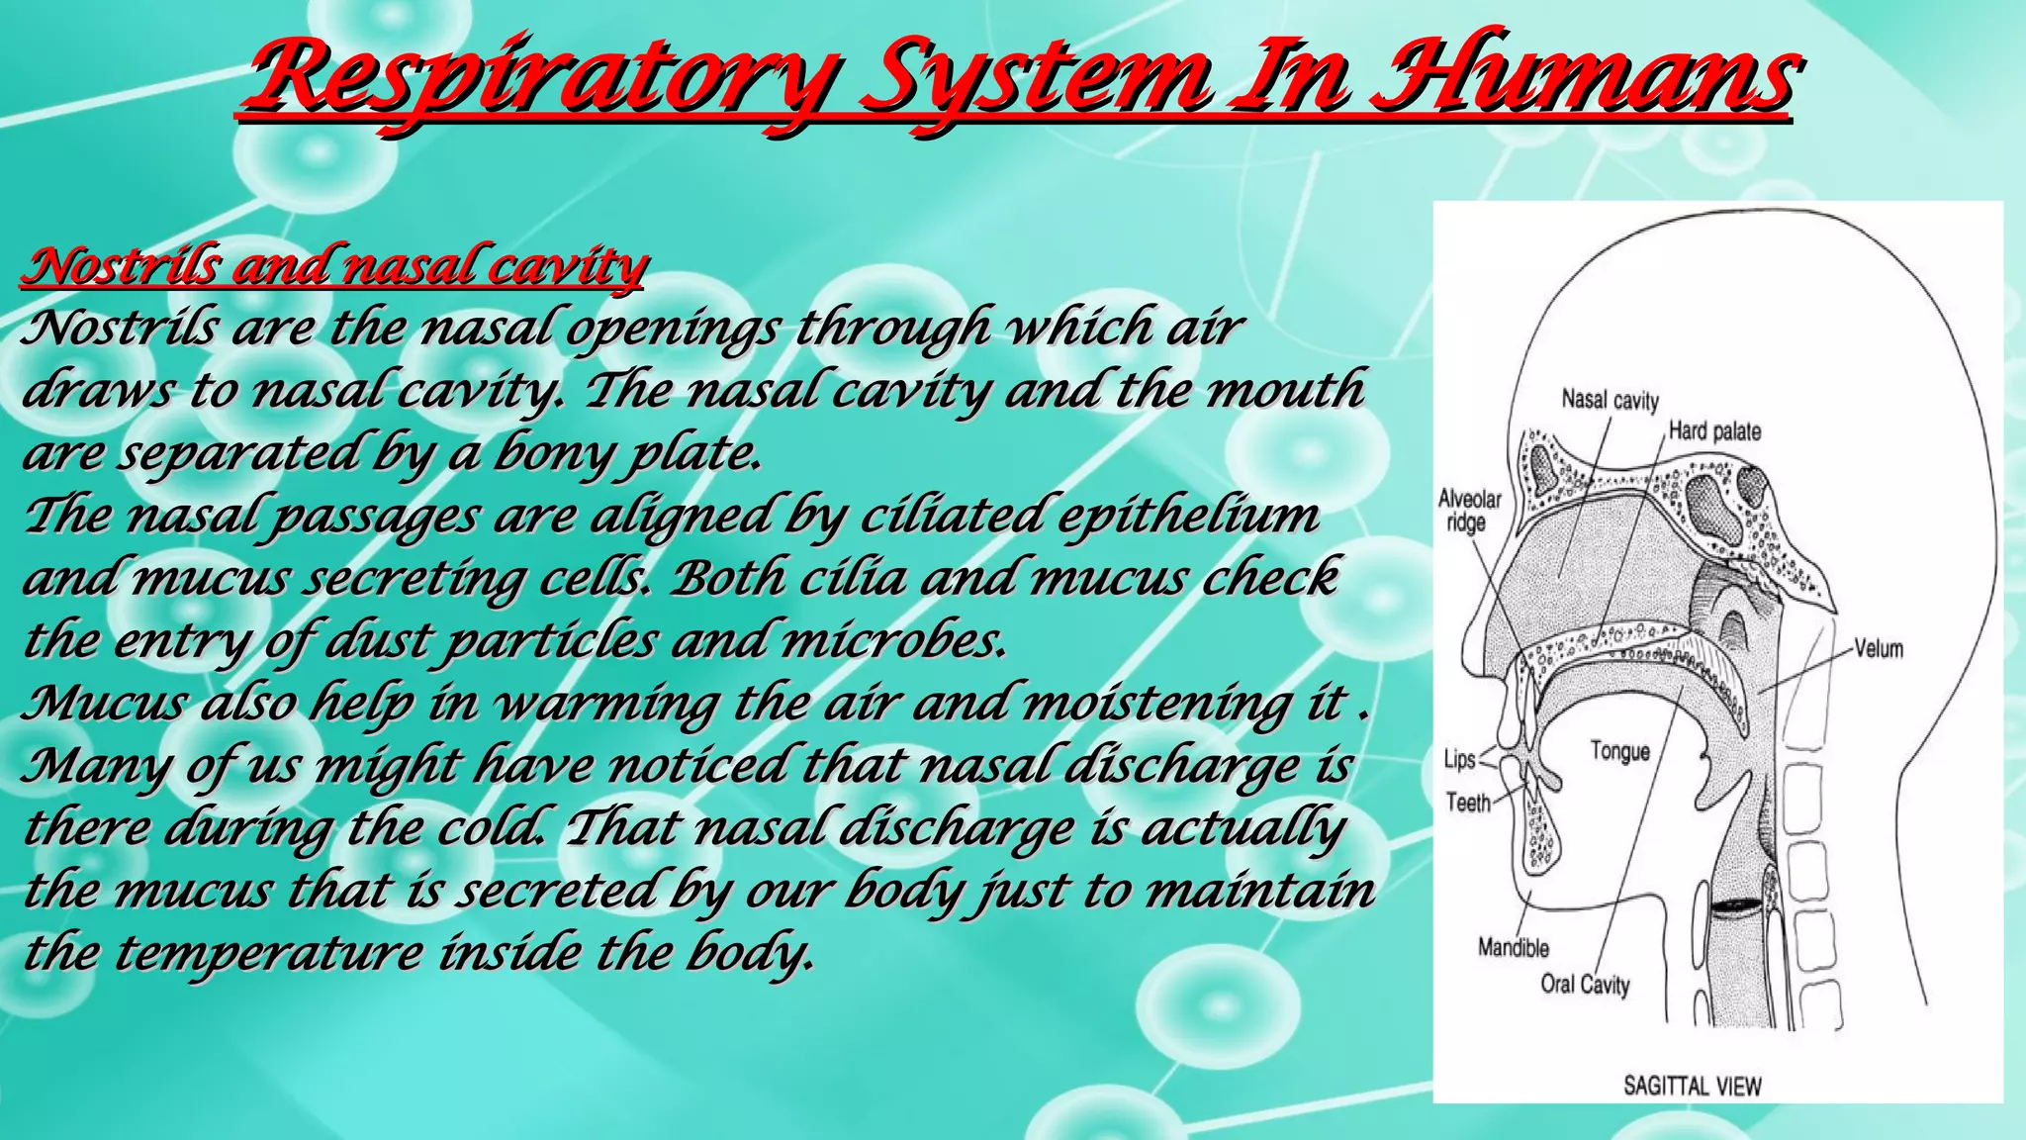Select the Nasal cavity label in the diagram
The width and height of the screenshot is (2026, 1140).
point(1610,400)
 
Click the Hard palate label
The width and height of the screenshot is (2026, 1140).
point(1714,431)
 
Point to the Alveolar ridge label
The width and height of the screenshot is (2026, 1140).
point(1469,511)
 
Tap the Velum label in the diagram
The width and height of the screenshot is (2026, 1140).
point(1878,649)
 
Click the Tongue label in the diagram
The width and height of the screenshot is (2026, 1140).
point(1619,752)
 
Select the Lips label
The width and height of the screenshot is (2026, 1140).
point(1459,759)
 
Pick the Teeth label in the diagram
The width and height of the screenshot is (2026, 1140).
point(1468,803)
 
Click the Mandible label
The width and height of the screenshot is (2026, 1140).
point(1513,948)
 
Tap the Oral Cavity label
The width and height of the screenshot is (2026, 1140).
point(1585,985)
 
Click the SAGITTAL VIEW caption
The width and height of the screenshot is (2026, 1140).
point(1692,1087)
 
